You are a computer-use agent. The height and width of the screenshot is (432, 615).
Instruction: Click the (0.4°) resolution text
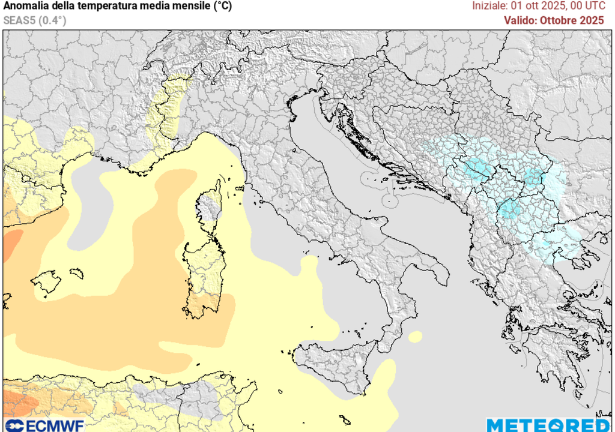tap(53, 20)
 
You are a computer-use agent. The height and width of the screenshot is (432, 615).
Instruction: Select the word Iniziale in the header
tap(489, 6)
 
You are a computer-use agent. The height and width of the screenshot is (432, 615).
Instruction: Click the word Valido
tap(520, 20)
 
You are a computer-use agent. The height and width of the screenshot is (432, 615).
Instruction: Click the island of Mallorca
tap(47, 281)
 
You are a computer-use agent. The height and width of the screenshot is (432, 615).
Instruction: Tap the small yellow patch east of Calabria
tap(415, 337)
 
